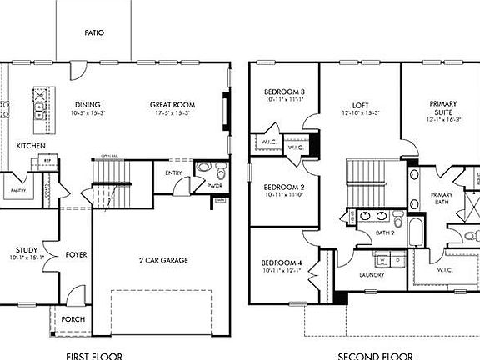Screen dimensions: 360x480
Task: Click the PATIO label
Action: (94, 33)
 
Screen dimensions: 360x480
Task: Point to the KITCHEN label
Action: (31, 146)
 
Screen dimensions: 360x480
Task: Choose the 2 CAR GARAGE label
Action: (163, 260)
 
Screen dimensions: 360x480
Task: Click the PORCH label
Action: (72, 319)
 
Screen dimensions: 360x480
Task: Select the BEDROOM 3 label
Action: (284, 92)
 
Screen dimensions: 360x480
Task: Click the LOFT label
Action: (360, 105)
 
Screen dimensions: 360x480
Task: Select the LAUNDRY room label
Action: (370, 274)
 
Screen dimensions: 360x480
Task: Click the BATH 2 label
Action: (384, 232)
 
